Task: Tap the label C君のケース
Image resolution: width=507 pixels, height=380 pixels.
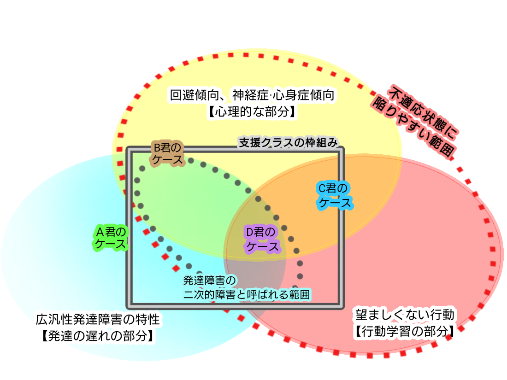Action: click(x=335, y=195)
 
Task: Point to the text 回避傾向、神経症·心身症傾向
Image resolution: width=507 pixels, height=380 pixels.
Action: click(x=252, y=96)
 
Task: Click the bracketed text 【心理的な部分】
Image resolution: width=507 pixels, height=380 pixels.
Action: click(x=252, y=112)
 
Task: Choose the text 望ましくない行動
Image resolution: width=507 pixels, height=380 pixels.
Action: click(x=405, y=315)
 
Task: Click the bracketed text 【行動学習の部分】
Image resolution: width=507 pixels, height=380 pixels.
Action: click(x=405, y=331)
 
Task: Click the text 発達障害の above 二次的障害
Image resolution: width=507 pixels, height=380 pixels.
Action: click(x=209, y=280)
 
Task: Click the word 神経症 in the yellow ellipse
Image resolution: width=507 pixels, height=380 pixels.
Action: click(x=252, y=96)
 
